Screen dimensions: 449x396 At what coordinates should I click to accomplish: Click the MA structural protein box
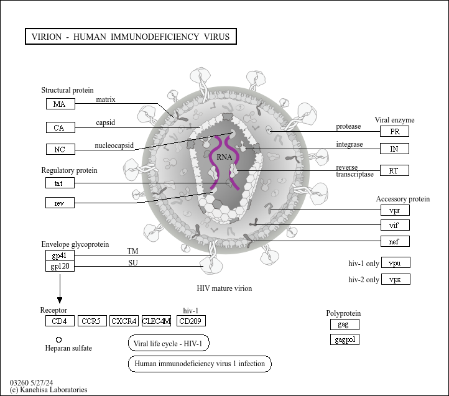coord(60,104)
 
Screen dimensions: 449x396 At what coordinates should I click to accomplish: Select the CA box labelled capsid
coord(60,127)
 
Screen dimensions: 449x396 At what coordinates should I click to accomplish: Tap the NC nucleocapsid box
coord(60,149)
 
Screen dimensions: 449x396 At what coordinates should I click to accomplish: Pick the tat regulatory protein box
coord(60,183)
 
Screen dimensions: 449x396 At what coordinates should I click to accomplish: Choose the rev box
coord(60,203)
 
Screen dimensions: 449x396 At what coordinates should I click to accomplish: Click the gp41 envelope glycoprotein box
coord(60,256)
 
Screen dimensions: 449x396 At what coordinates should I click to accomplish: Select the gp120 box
coord(60,266)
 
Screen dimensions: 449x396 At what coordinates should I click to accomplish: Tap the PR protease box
coord(395,131)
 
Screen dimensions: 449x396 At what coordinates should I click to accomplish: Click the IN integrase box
coord(395,149)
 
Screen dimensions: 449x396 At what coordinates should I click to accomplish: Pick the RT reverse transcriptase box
coord(395,170)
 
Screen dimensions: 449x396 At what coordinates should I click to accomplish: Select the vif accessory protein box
coord(395,225)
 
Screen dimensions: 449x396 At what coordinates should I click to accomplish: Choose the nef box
coord(395,241)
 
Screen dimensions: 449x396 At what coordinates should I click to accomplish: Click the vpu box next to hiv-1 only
coord(396,262)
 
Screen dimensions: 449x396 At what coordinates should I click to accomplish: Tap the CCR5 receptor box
coord(92,321)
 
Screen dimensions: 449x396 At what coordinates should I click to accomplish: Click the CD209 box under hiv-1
coord(191,321)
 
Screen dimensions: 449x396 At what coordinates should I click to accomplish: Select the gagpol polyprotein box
coord(345,339)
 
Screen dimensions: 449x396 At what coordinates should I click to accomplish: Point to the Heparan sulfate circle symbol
coord(58,339)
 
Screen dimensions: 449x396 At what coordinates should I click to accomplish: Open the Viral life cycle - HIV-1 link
coord(169,343)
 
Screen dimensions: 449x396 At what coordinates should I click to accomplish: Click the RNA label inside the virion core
coord(224,157)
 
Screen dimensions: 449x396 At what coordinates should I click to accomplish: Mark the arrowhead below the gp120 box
coord(60,300)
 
